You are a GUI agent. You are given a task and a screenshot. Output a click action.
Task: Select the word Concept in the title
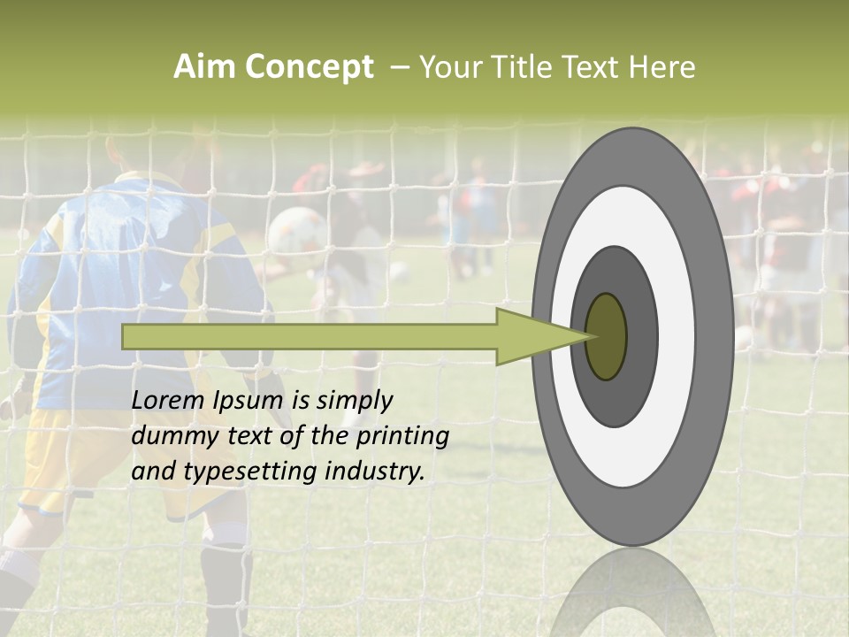coord(309,67)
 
